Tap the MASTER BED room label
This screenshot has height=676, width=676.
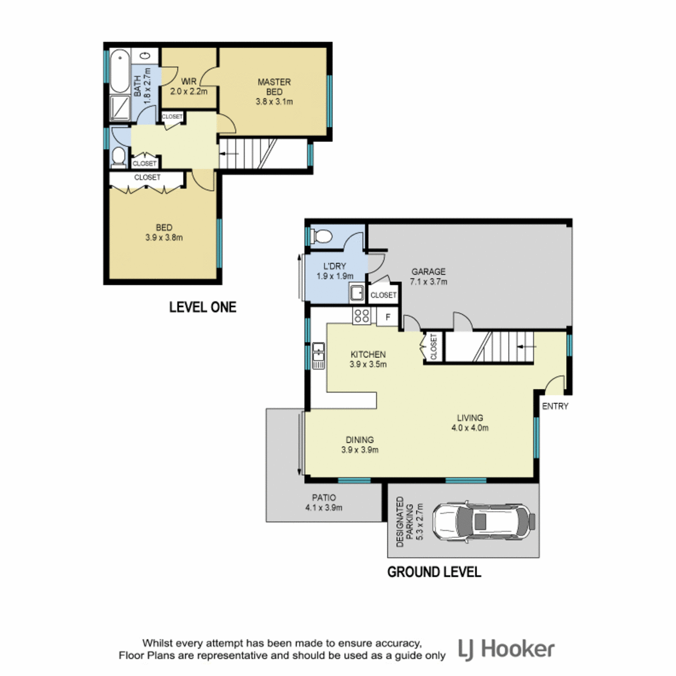pos(274,87)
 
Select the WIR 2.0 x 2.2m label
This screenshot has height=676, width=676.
pos(189,87)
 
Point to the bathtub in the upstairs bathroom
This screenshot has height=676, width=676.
pos(119,70)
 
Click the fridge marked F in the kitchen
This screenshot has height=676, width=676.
pos(388,317)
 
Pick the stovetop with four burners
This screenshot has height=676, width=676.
pos(361,315)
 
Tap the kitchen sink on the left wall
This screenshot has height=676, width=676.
pos(318,355)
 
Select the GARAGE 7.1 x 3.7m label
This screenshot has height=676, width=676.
pos(428,277)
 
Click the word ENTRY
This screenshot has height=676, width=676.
pos(555,406)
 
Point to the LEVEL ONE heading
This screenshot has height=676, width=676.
pos(203,308)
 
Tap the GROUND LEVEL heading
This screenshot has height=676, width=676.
pos(434,572)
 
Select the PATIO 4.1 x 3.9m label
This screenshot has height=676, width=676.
pos(324,502)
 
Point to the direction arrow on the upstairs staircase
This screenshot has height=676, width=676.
pos(229,154)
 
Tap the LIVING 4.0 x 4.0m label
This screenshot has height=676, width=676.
pos(470,422)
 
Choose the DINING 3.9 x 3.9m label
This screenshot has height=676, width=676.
pos(359,445)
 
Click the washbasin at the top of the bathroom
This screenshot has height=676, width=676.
pos(145,55)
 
